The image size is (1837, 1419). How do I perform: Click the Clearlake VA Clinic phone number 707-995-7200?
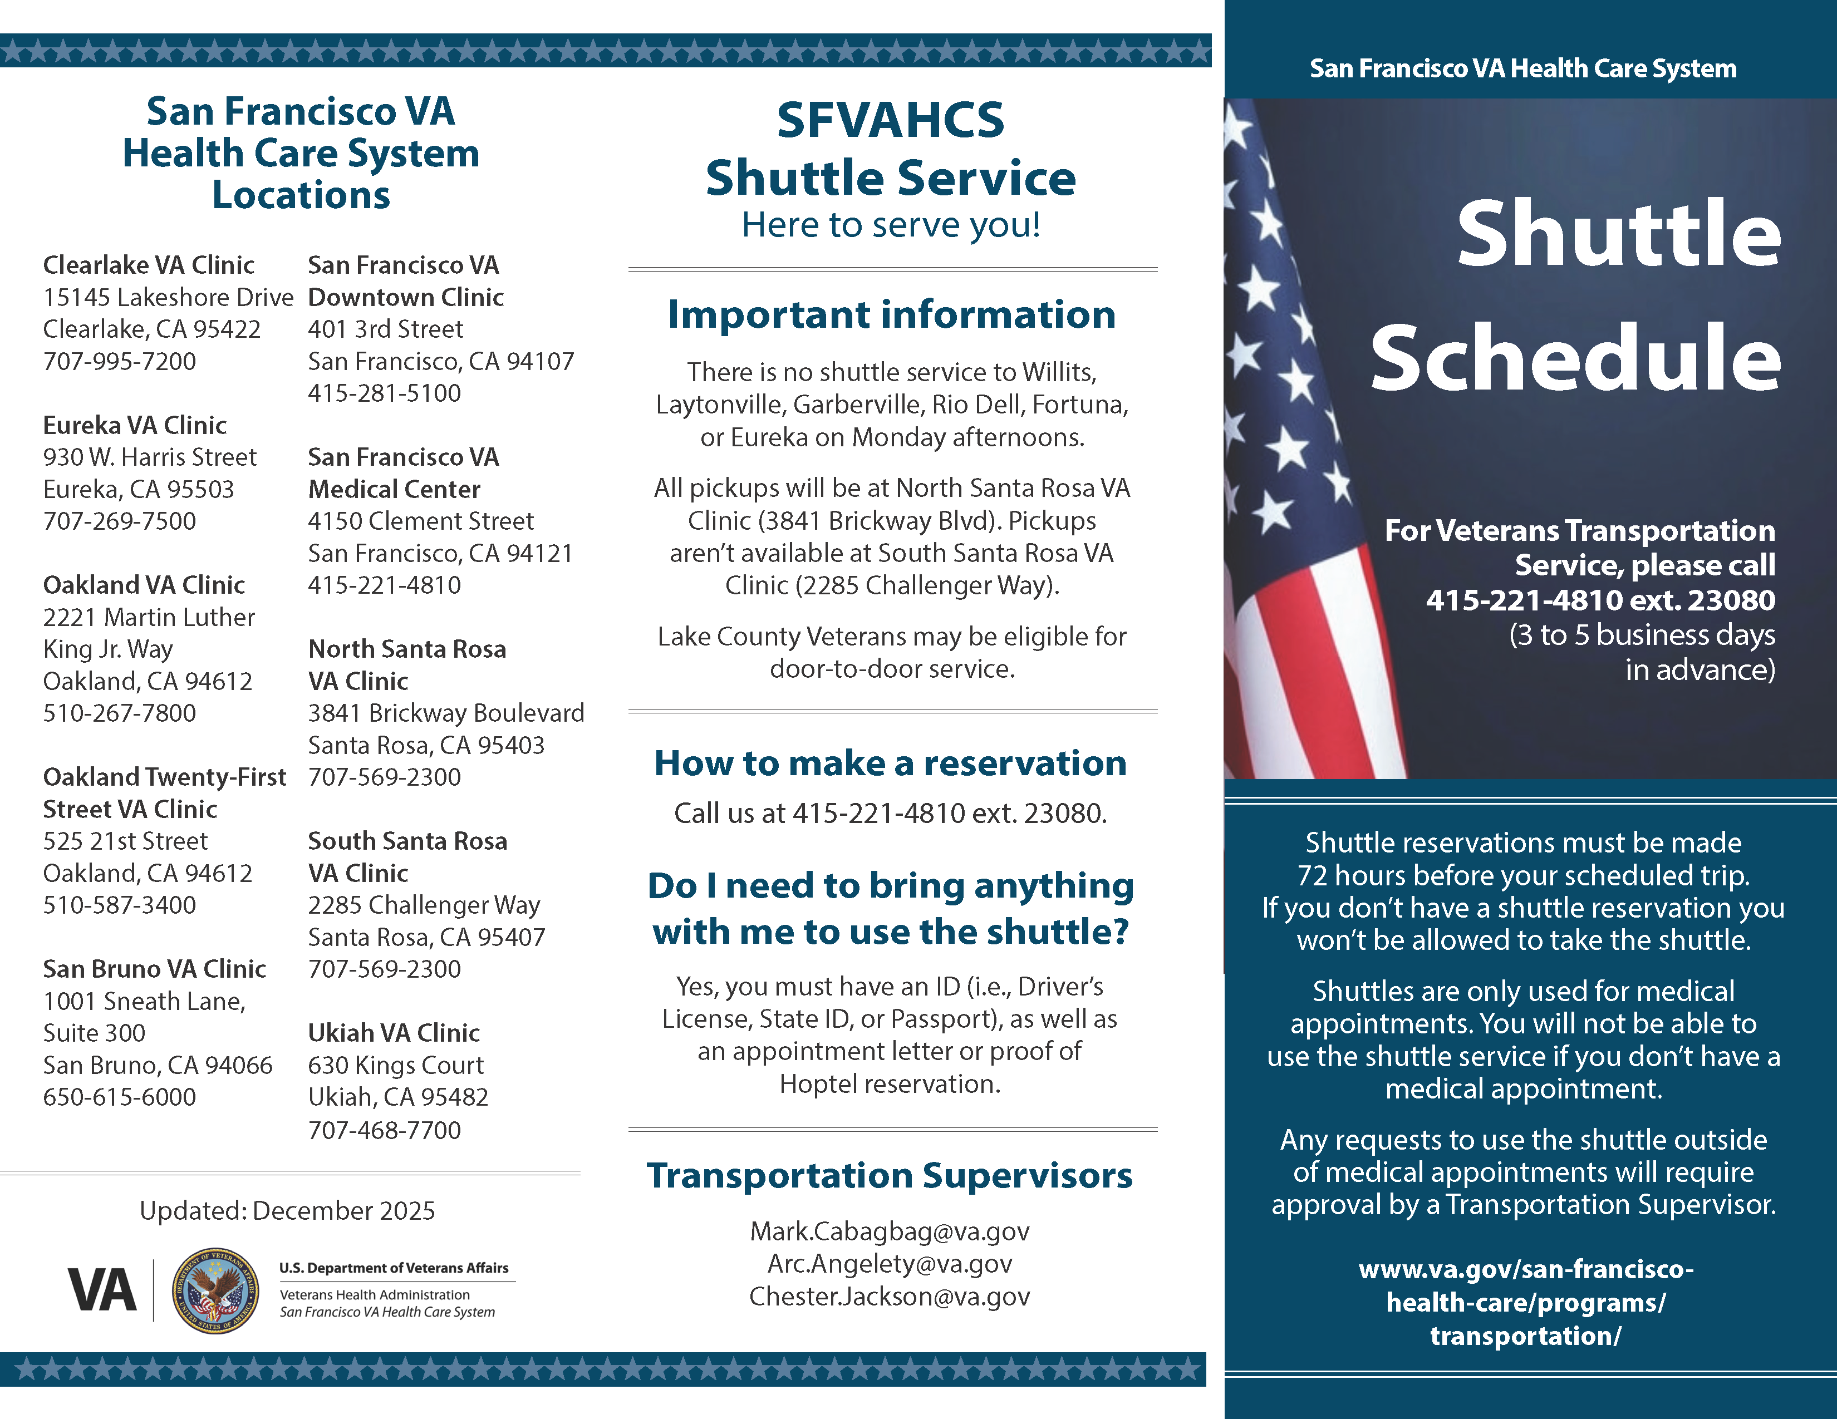120,362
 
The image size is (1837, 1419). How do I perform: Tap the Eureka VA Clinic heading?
135,425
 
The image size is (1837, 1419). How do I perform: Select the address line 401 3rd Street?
385,329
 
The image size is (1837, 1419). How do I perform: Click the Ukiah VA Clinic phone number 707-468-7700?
385,1130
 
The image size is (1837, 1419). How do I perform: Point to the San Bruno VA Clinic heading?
155,969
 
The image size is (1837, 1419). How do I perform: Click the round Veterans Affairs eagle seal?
215,1290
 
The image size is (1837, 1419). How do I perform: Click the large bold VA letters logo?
102,1290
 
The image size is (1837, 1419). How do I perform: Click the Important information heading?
891,315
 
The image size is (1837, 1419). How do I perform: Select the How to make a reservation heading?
890,763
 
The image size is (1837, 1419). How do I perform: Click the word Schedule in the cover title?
1575,358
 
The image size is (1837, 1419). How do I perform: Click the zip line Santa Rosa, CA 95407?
426,937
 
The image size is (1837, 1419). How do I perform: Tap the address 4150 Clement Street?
420,521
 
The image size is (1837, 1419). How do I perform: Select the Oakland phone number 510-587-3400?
120,905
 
